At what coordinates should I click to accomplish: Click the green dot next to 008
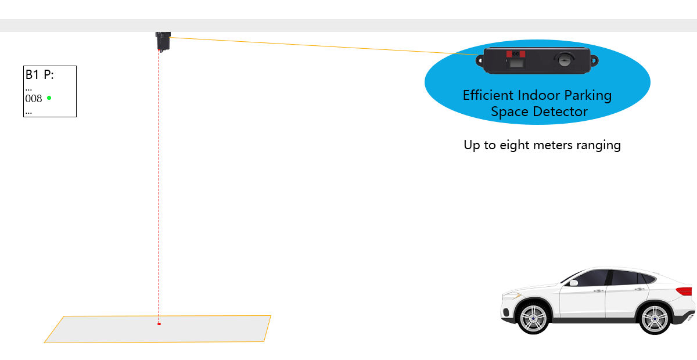[x=49, y=98]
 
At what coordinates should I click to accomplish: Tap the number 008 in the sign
[x=34, y=99]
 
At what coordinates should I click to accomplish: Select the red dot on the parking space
[x=159, y=323]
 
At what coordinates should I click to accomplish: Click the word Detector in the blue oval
[x=561, y=111]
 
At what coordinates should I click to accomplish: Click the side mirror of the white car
[x=574, y=283]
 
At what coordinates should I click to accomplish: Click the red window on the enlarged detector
[x=516, y=54]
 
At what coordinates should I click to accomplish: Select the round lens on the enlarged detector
[x=565, y=59]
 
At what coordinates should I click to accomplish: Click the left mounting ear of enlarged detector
[x=480, y=59]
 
